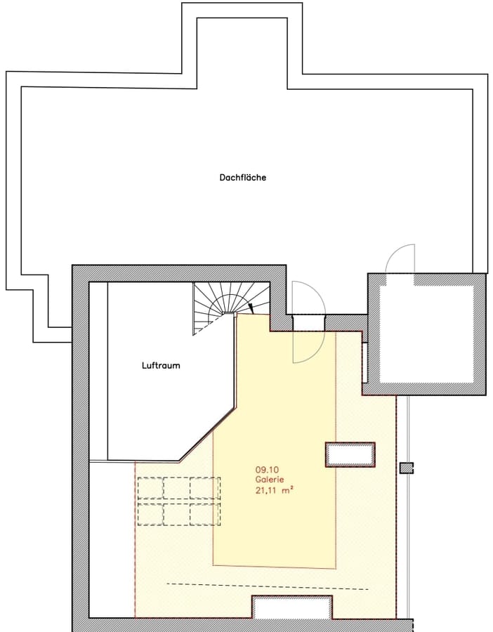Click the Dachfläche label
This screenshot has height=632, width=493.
(x=242, y=178)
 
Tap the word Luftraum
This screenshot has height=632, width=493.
(x=161, y=365)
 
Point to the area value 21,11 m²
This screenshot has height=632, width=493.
(x=274, y=491)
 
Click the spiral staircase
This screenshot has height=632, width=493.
(x=218, y=305)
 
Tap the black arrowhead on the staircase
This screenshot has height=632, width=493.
(x=251, y=307)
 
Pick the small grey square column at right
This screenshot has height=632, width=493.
(x=406, y=468)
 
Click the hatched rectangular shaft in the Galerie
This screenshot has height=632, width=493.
(x=349, y=454)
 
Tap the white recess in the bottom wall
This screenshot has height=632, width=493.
(x=291, y=607)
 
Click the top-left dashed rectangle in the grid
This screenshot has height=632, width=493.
(x=150, y=487)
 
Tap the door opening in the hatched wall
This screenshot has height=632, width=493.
(x=308, y=322)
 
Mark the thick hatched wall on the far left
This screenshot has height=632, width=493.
(x=80, y=449)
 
